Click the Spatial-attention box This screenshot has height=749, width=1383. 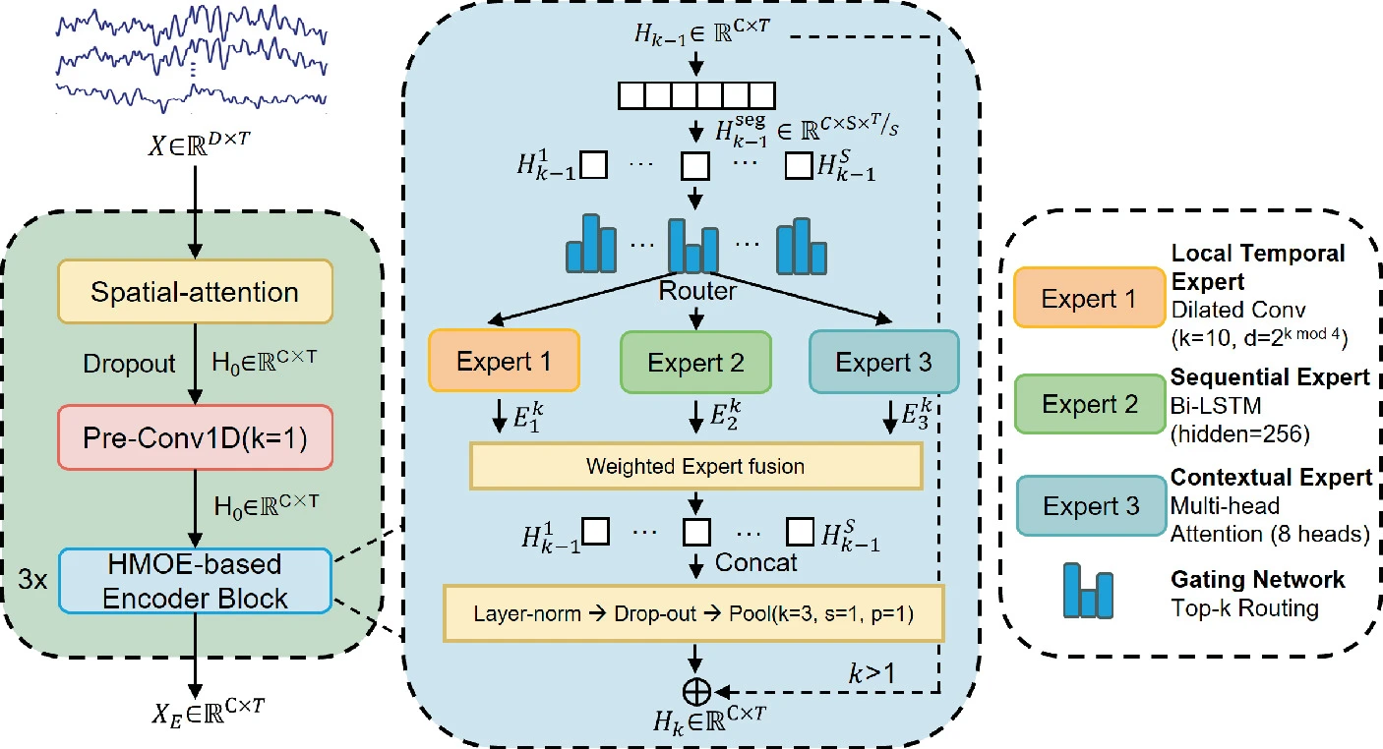coord(195,291)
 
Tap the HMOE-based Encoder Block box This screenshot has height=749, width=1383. coord(195,581)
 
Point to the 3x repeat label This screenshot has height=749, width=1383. coord(33,580)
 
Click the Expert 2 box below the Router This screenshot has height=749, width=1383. coord(694,363)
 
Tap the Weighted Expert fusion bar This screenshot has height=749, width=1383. coord(695,466)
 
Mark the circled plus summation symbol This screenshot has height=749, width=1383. coord(696,692)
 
